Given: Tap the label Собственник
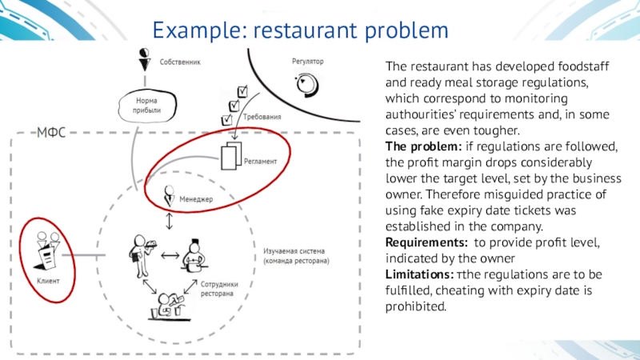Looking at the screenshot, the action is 179,61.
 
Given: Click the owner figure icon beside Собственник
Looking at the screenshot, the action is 144,58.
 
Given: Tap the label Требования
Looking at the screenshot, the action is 262,117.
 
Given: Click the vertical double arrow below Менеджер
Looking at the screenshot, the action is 170,220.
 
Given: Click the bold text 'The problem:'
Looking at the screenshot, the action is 417,146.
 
